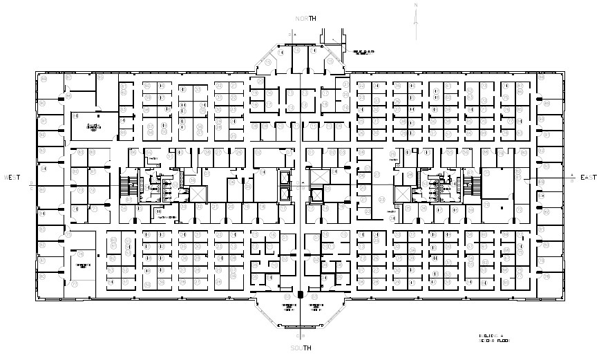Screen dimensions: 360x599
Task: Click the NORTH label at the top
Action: pyautogui.click(x=305, y=19)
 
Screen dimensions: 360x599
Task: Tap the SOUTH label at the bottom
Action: pyautogui.click(x=301, y=347)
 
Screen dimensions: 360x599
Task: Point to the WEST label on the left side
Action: pyautogui.click(x=12, y=178)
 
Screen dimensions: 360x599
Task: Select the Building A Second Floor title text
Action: pyautogui.click(x=495, y=338)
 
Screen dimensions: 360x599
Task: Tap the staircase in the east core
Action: pyautogui.click(x=475, y=186)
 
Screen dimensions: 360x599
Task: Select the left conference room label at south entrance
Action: pyautogui.click(x=288, y=307)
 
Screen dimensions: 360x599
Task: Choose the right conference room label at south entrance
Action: pyautogui.click(x=316, y=307)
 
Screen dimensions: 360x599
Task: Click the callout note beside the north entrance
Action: pyautogui.click(x=364, y=53)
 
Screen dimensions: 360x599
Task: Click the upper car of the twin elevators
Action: pyautogui.click(x=285, y=177)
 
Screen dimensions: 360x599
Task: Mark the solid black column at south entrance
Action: pyautogui.click(x=300, y=295)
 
